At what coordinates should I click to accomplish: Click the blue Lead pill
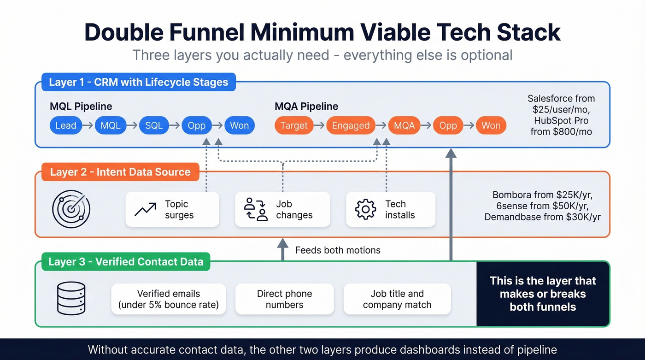coord(65,125)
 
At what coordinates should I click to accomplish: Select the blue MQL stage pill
coord(111,125)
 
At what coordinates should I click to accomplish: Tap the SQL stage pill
coord(154,125)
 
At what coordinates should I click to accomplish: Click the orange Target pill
coord(294,125)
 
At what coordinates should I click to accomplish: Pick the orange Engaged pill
coord(351,125)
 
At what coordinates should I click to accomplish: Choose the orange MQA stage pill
coord(404,125)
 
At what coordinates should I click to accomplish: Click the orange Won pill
coord(491,125)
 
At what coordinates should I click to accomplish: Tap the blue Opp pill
coord(197,125)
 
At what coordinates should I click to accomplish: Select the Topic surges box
coord(172,210)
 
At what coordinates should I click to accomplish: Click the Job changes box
coord(282,210)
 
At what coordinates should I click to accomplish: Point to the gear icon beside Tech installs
coord(365,209)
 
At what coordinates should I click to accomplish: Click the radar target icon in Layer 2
coord(71,209)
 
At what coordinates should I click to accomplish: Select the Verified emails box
coord(169,299)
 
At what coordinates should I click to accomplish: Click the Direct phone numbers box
coord(284,299)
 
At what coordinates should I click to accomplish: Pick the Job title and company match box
coord(397,299)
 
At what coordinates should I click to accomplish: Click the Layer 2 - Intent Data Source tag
coord(120,172)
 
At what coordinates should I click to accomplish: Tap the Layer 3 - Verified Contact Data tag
coord(126,262)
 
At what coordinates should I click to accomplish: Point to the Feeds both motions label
coord(338,250)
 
